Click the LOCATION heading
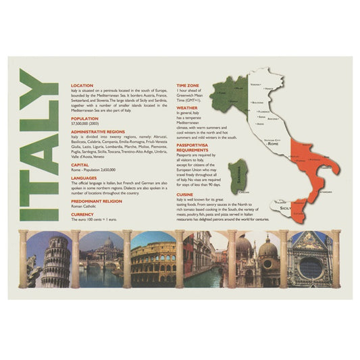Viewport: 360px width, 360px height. [x=82, y=86]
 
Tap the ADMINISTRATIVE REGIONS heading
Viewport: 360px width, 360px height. [x=98, y=131]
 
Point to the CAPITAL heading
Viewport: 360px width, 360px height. [x=80, y=164]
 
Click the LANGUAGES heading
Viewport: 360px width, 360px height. [x=84, y=178]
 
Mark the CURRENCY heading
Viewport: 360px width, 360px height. [x=82, y=213]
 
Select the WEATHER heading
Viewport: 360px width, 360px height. [x=187, y=107]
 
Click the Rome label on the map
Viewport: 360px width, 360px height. [x=273, y=144]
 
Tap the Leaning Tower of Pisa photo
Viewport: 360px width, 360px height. [x=49, y=260]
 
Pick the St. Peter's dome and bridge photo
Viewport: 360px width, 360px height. [x=101, y=260]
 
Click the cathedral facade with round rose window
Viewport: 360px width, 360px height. [x=309, y=260]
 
